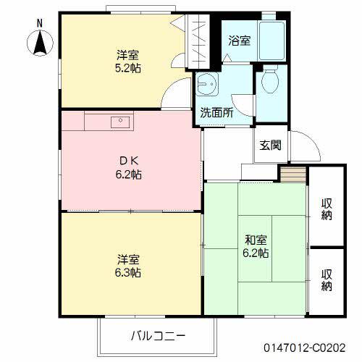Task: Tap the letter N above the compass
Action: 39,24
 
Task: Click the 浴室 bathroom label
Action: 240,41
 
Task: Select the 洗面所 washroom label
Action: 216,113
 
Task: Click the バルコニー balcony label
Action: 159,336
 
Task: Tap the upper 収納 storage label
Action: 327,208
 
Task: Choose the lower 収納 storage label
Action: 327,280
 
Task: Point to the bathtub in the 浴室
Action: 272,43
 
